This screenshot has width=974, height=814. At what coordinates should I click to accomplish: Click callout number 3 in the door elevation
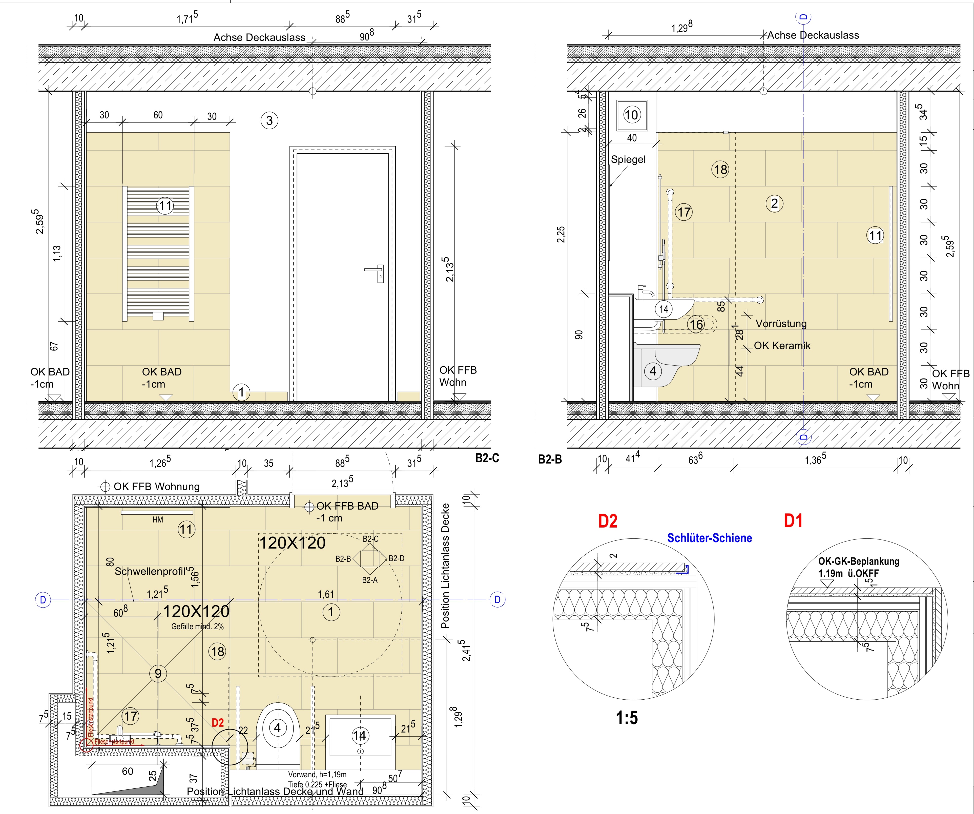click(270, 121)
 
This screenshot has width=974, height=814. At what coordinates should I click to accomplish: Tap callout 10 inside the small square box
click(631, 115)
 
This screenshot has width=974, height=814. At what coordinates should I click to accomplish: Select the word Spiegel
click(628, 160)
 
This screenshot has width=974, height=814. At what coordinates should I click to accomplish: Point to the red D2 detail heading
click(608, 521)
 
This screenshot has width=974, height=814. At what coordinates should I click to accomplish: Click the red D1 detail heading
click(793, 521)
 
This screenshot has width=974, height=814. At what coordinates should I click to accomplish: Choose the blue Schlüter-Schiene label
click(710, 538)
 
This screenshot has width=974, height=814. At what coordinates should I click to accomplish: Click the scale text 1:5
click(627, 718)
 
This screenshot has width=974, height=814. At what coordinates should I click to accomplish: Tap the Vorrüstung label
click(781, 324)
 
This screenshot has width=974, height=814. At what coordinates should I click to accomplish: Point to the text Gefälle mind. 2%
click(198, 627)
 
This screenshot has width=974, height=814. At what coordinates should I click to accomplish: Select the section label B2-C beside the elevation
click(487, 458)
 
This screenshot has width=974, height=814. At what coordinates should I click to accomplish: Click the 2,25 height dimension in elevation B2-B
click(561, 234)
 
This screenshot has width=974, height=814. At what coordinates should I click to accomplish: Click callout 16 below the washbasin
click(696, 325)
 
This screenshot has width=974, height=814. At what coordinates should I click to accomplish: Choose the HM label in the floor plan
click(158, 520)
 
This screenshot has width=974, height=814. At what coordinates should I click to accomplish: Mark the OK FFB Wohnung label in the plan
click(157, 487)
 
